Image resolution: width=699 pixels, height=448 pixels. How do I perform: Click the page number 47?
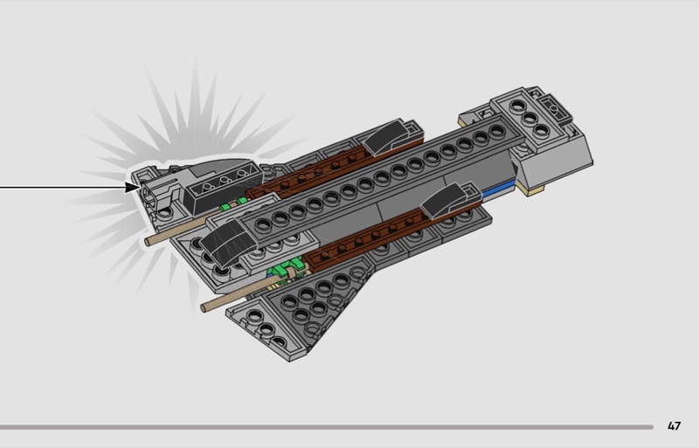pos(674,425)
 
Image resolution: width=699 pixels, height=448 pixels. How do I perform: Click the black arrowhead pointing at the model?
pos(133,187)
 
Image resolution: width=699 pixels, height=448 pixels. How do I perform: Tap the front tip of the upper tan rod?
pos(148,242)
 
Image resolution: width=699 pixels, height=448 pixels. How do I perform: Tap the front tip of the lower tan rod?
pos(204,307)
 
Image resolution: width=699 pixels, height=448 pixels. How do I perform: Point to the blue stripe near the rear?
pos(498,191)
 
